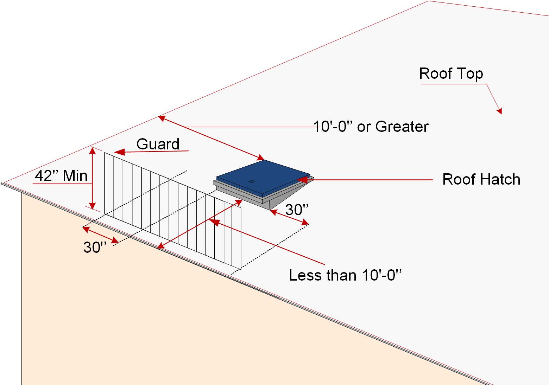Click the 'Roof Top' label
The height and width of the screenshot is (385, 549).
[451, 74]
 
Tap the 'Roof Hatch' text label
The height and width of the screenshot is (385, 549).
[481, 179]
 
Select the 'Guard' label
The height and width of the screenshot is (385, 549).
[158, 144]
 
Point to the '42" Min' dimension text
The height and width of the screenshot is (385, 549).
[61, 175]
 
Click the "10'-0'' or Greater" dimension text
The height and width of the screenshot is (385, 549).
[371, 127]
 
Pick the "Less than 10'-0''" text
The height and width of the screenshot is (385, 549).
[345, 275]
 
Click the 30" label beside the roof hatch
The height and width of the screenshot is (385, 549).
[297, 210]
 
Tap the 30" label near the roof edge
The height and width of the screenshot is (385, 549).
[95, 248]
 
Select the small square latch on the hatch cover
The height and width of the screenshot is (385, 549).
[251, 181]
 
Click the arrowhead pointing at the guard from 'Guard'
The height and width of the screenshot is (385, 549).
[119, 152]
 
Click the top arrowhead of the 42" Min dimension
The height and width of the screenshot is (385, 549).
[93, 150]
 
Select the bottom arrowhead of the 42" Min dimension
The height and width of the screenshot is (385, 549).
[93, 206]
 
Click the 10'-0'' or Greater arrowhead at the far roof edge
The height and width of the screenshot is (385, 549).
[161, 118]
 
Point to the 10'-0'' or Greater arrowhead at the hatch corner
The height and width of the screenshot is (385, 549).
[261, 158]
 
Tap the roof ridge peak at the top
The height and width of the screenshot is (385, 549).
[428, 1]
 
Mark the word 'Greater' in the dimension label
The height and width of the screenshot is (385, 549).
[402, 127]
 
